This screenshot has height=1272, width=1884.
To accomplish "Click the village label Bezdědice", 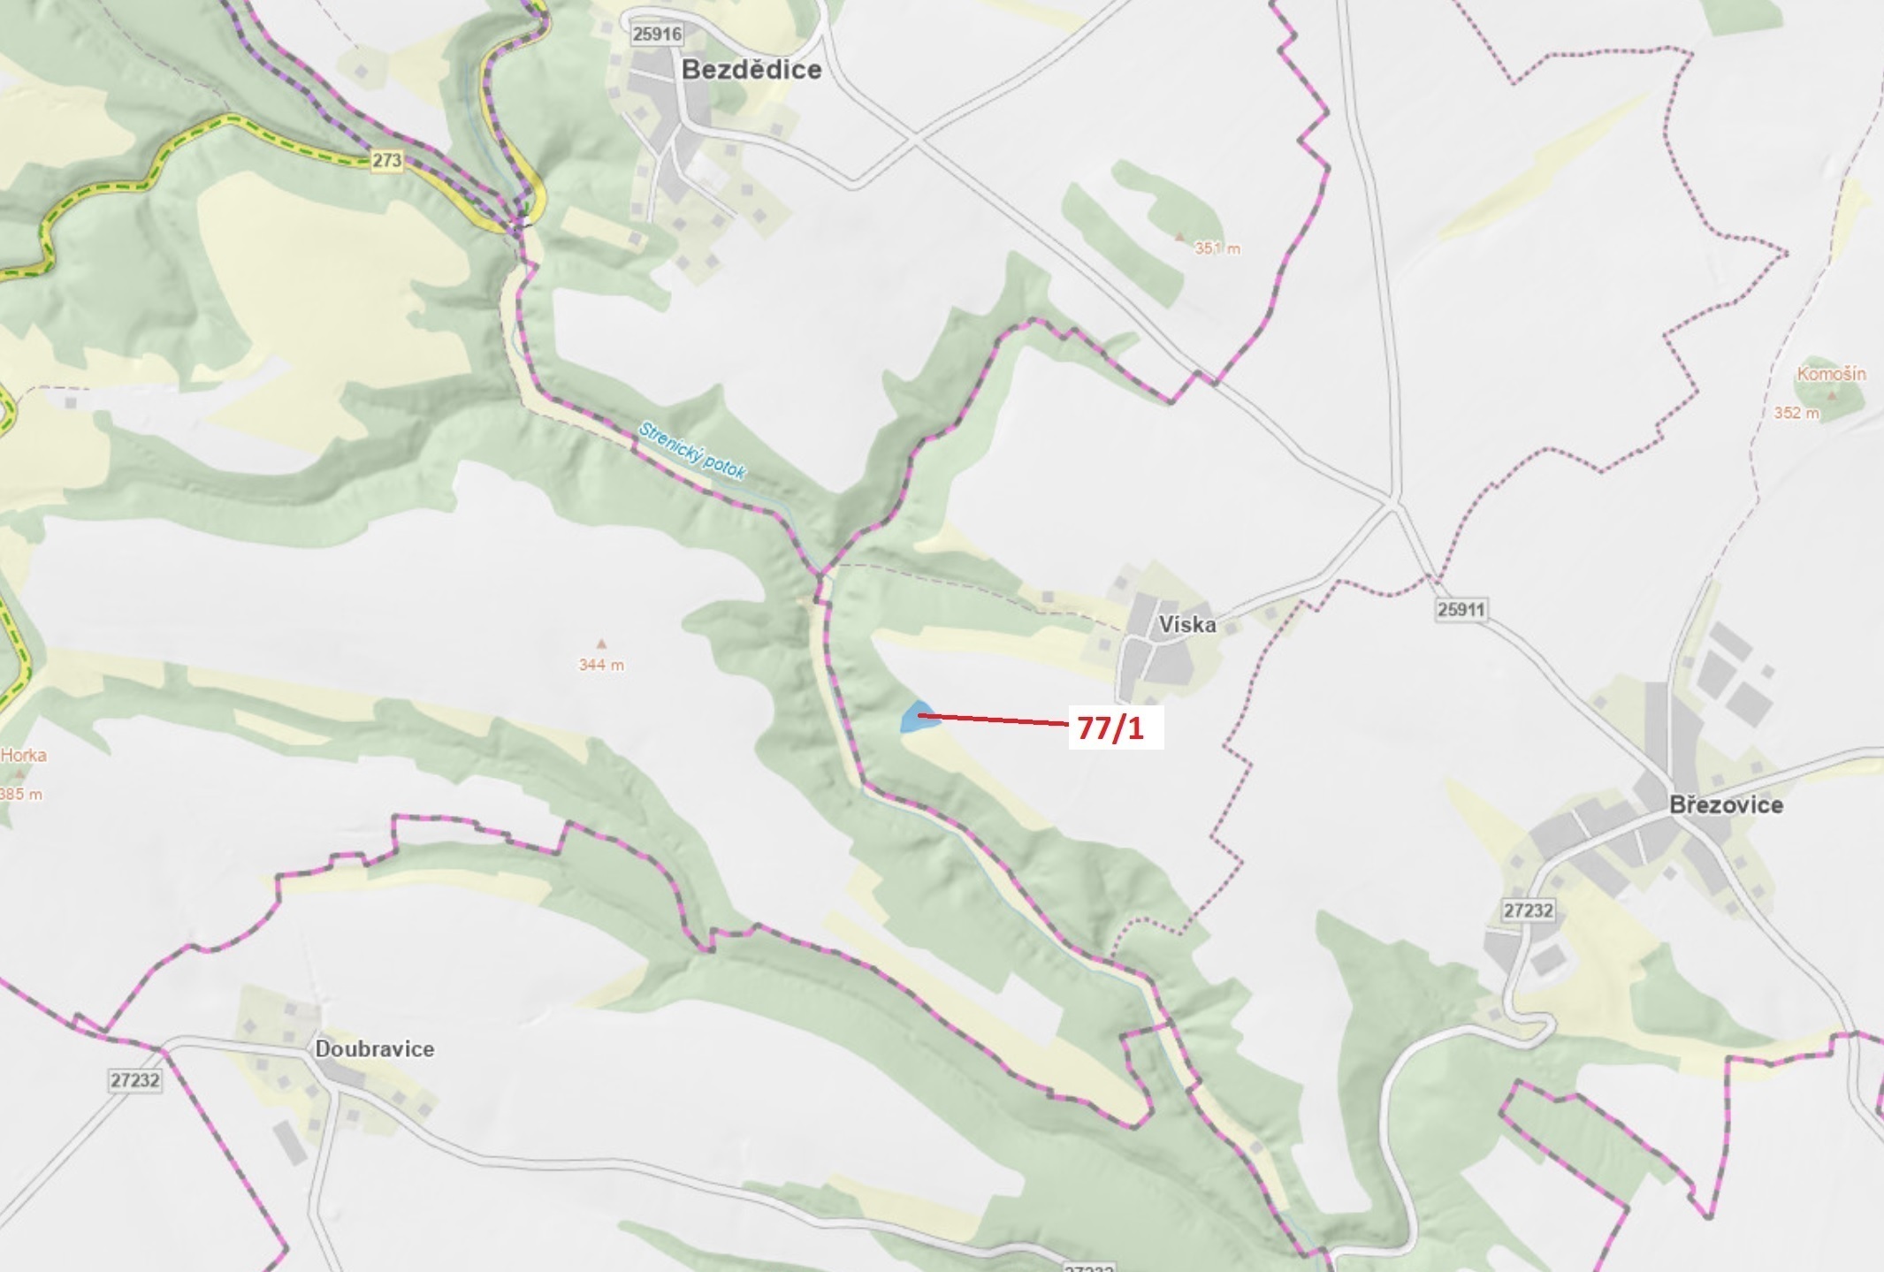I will tap(751, 70).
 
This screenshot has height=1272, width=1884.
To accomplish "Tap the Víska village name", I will tap(1186, 625).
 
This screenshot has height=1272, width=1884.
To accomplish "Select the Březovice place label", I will tap(1726, 805).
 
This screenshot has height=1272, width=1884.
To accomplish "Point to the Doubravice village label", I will tap(375, 1049).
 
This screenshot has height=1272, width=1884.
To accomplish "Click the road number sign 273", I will tap(386, 160).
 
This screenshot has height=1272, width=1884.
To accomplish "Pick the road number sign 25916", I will tap(657, 34).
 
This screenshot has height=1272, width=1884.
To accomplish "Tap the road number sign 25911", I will tap(1461, 609).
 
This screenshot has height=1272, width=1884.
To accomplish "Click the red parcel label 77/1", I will tap(1111, 729).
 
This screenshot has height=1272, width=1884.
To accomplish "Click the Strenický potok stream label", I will tap(692, 451).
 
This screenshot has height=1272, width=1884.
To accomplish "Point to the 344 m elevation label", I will tap(601, 665).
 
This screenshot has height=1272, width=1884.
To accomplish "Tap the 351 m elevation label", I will tap(1217, 249).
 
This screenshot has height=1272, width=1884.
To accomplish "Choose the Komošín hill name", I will tap(1830, 374).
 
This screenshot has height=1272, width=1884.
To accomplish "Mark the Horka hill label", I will tap(24, 755).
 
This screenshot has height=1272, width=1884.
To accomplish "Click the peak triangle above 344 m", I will tap(601, 644).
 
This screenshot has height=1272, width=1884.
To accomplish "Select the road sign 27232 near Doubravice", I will tap(136, 1080).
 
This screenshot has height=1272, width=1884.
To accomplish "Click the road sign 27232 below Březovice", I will tap(1528, 910).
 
